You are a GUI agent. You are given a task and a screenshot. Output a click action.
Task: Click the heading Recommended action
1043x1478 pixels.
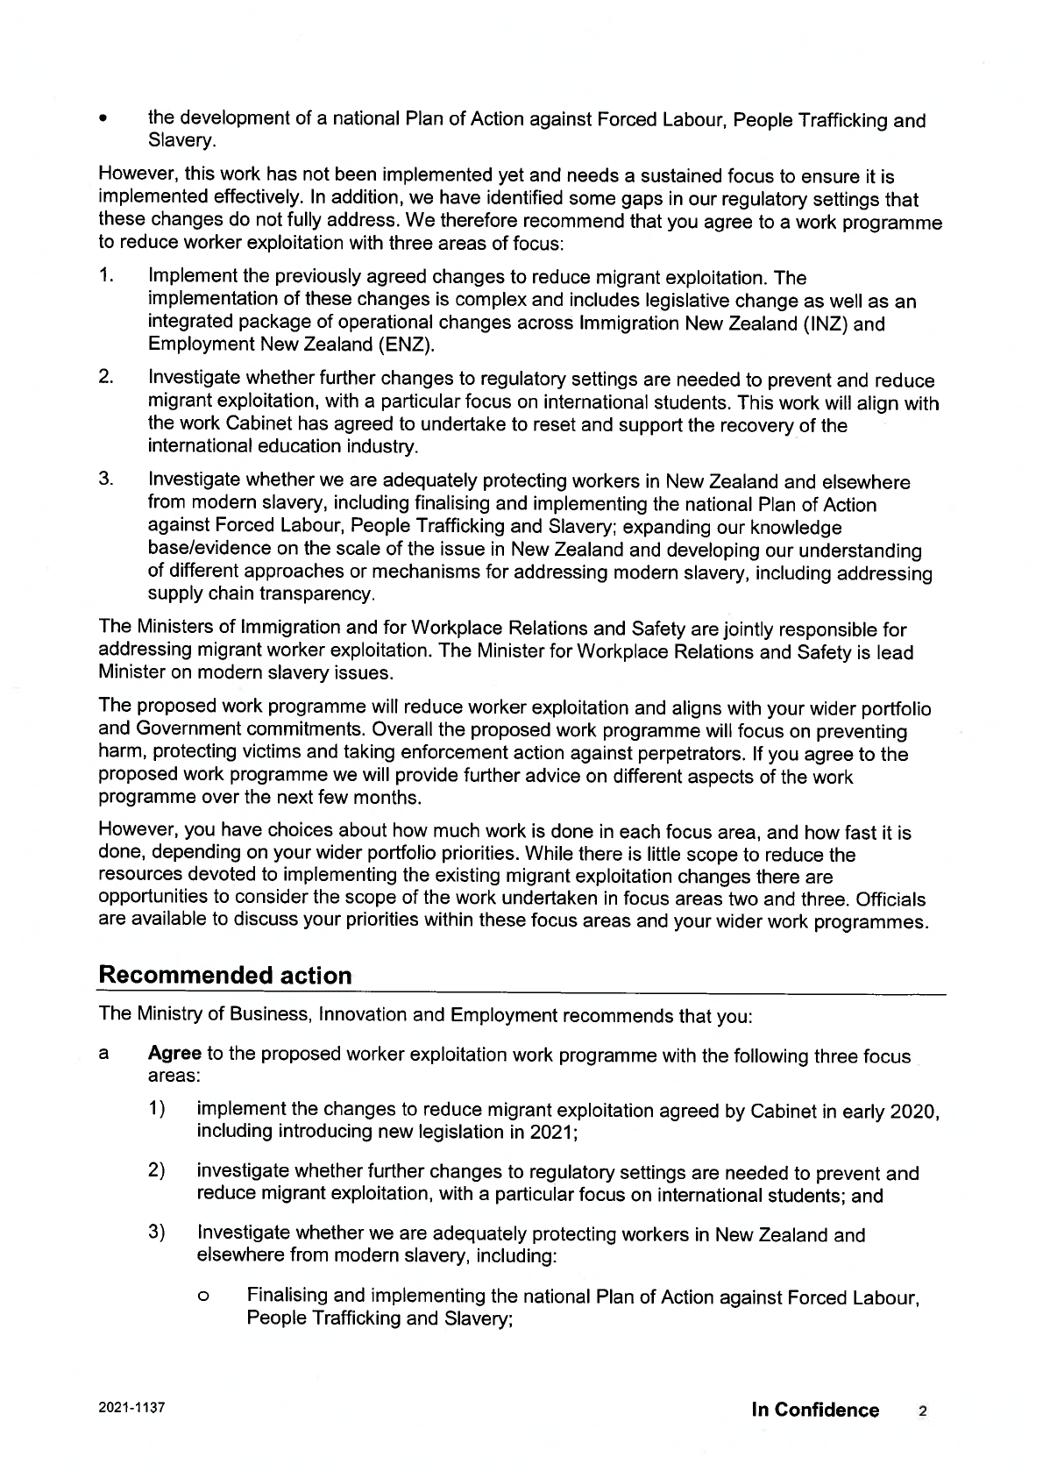(225, 976)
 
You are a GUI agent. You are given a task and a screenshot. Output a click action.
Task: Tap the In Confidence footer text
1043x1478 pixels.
(815, 1410)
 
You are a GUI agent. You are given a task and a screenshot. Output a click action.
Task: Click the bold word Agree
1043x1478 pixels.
(175, 1054)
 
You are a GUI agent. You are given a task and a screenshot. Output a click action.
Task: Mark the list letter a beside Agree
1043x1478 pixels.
(103, 1055)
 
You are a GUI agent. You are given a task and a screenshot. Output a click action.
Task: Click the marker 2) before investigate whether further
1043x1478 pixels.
(157, 1172)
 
